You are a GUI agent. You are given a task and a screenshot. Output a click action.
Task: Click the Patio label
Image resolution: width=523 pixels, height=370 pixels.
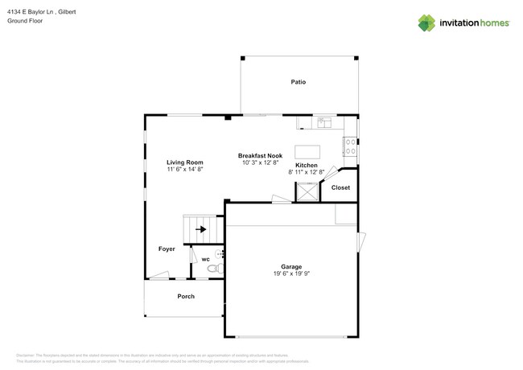point(298,82)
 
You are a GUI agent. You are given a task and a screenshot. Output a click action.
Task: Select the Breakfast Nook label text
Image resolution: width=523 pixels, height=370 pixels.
point(259,155)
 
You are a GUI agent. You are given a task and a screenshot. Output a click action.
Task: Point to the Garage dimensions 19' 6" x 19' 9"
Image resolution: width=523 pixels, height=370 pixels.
point(290,273)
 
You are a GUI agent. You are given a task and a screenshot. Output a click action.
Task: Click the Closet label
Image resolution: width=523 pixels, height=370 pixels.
point(340,187)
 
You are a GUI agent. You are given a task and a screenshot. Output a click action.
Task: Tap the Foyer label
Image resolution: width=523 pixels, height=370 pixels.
point(167,249)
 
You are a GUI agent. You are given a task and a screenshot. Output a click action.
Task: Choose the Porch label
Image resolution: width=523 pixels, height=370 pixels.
point(186,296)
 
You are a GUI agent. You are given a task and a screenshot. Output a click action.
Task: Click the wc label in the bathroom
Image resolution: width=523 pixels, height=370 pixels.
point(205,259)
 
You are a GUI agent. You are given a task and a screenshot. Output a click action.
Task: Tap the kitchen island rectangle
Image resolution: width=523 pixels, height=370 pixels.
point(307,152)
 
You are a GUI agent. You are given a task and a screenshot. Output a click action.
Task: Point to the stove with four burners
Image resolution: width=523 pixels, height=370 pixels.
point(351,146)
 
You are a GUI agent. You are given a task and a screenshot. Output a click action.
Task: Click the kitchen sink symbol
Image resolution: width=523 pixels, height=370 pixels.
point(325,123)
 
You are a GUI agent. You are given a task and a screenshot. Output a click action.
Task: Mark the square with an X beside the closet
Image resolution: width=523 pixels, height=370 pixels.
point(307,191)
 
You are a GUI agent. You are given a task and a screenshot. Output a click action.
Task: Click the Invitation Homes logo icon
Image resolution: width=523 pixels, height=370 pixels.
point(426,23)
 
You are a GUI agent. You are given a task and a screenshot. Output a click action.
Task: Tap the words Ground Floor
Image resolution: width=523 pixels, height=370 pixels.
point(25,22)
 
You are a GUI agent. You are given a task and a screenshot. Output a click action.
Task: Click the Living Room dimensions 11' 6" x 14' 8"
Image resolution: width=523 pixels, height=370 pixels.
point(184,170)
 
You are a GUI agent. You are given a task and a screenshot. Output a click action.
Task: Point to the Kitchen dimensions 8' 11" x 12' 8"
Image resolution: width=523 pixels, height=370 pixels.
point(306,171)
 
